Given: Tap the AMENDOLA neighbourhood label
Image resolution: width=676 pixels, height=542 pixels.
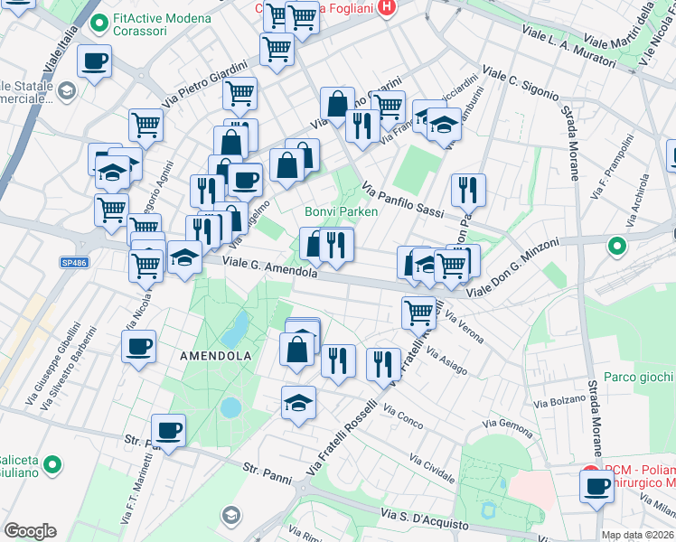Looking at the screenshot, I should tap(215, 356).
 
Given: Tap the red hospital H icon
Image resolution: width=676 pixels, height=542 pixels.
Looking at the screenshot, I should tap(387, 9).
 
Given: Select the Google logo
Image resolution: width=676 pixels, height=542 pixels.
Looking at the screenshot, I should tap(30, 531).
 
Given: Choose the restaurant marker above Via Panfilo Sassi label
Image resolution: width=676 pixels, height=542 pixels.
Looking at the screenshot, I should tap(468, 190).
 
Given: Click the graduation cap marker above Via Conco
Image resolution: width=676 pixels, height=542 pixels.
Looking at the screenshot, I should tap(298, 402).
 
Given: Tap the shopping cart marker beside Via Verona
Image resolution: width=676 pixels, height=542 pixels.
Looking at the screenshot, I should tap(418, 313).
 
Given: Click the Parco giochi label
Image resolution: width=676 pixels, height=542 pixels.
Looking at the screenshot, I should tap(638, 377).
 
